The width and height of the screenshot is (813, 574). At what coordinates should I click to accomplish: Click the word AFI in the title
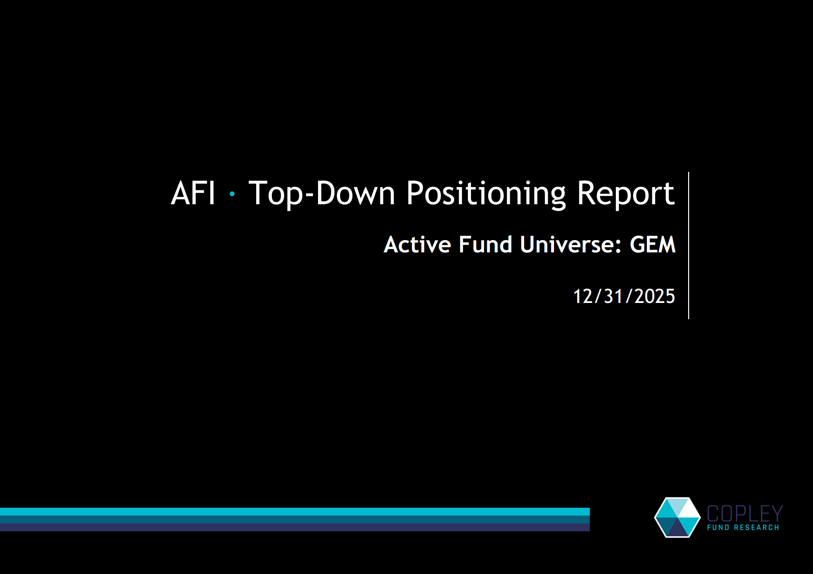click(x=193, y=193)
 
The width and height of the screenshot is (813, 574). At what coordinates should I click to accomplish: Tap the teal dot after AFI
click(x=232, y=194)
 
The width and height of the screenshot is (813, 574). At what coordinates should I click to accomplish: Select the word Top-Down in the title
click(x=321, y=193)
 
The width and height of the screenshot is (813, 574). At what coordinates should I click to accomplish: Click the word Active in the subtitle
click(x=417, y=245)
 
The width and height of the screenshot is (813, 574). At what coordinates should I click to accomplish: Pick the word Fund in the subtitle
click(x=485, y=245)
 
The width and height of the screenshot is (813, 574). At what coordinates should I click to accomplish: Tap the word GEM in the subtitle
click(x=653, y=245)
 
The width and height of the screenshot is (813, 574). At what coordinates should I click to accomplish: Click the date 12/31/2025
click(x=624, y=296)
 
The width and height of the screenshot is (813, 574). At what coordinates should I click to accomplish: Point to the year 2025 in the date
click(x=655, y=296)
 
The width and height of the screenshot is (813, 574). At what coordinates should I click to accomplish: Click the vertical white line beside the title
click(x=689, y=246)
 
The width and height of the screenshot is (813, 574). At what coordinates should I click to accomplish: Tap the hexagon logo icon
click(x=677, y=518)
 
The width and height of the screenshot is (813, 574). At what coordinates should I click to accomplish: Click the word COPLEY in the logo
click(x=745, y=514)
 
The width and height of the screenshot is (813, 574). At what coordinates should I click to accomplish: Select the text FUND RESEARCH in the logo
click(x=743, y=527)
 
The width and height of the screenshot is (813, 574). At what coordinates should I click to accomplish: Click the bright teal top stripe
click(x=295, y=512)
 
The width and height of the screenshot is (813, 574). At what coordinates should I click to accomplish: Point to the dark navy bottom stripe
click(x=295, y=527)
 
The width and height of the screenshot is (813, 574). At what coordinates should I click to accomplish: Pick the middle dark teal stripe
click(x=295, y=519)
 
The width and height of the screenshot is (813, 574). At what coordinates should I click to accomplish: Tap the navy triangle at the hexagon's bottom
click(x=677, y=529)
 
